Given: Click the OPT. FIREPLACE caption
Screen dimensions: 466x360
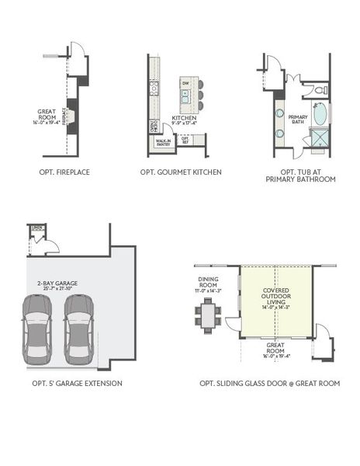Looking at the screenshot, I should click(x=64, y=172).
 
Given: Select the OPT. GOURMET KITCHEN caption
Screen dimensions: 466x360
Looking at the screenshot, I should click(x=181, y=172).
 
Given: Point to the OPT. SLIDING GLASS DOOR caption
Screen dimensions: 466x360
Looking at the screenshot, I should click(x=269, y=383).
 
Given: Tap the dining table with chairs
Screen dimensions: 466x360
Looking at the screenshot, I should click(x=208, y=315).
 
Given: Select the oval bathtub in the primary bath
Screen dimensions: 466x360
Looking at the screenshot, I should click(x=320, y=115).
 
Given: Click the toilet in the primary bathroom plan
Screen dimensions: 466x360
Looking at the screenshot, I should click(x=320, y=91).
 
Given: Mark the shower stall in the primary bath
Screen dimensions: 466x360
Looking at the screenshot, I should click(x=320, y=139).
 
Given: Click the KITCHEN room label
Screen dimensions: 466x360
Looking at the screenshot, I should click(x=184, y=118).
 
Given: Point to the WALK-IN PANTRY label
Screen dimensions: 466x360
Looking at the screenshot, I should click(x=163, y=142).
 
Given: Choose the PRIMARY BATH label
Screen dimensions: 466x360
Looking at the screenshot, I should click(x=299, y=119).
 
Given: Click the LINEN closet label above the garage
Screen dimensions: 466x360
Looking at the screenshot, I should click(x=35, y=228).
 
